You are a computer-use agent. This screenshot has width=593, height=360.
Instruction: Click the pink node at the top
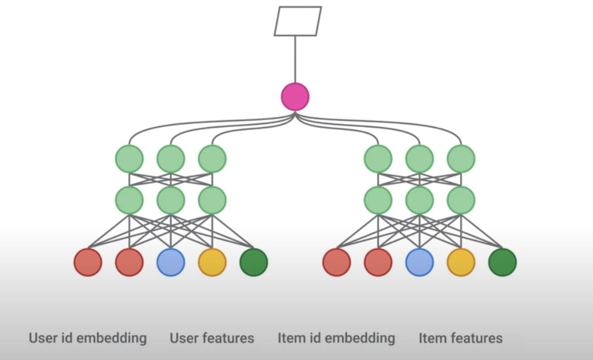295,97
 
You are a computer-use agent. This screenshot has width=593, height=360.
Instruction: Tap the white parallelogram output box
298,21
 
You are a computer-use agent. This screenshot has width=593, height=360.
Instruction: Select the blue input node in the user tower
171,262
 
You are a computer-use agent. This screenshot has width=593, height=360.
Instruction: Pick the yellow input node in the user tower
212,262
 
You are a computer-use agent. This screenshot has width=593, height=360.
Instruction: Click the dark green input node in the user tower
254,262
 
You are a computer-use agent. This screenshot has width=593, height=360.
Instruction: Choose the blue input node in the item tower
420,262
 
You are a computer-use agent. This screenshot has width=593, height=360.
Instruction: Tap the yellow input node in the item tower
461,262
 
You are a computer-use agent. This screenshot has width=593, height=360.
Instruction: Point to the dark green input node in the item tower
503,262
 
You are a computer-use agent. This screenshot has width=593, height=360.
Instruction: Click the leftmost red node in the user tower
88,262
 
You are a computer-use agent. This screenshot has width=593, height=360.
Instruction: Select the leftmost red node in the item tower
337,262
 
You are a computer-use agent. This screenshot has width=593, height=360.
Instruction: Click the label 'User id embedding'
88,338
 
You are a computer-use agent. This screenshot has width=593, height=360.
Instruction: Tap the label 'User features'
212,338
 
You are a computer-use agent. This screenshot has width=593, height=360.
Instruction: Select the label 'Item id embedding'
336,338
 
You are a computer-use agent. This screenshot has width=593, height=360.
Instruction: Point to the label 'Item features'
460,338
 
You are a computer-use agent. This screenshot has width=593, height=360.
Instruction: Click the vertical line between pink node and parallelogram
295,59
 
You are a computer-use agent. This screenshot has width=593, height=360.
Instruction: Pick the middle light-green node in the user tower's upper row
171,159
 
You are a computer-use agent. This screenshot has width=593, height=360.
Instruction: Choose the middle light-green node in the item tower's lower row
420,200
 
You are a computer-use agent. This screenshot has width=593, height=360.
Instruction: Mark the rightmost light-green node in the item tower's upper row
461,159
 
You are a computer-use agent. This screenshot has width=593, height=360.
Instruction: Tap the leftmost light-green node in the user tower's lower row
129,200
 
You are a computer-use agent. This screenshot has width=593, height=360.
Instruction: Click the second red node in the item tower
378,262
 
